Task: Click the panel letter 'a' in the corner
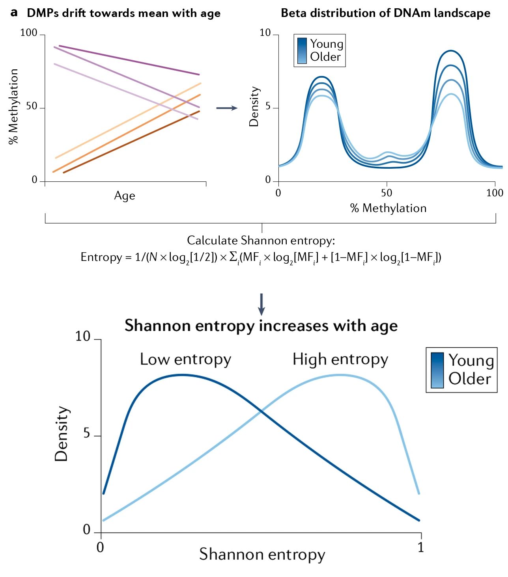[x=14, y=13]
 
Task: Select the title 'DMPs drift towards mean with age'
[x=123, y=13]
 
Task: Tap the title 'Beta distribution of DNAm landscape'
[x=385, y=13]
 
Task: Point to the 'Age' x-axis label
[x=125, y=195]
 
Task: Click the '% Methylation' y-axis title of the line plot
[x=14, y=106]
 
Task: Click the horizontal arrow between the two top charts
[x=227, y=108]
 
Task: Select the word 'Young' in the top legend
[x=327, y=44]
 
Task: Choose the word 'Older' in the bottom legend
[x=470, y=378]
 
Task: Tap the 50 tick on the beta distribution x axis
[x=387, y=193]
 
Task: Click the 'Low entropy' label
[x=185, y=359]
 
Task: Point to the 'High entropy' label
[x=340, y=359]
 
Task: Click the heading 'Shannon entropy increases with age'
[x=261, y=326]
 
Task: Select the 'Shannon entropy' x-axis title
[x=262, y=554]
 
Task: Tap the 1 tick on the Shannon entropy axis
[x=421, y=547]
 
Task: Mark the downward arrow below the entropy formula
[x=261, y=304]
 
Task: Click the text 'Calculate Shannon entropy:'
[x=261, y=240]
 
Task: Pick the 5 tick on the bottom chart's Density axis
[x=87, y=434]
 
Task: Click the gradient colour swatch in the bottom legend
[x=437, y=370]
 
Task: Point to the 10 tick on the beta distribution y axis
[x=265, y=33]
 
